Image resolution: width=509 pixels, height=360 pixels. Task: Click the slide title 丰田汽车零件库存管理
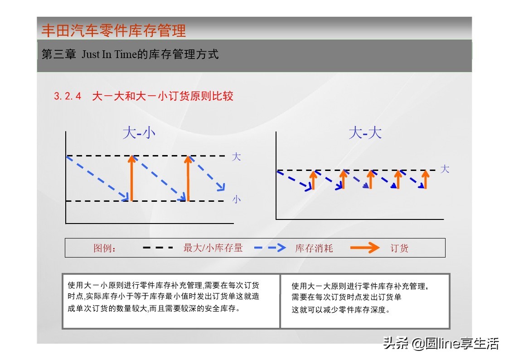(x=113, y=30)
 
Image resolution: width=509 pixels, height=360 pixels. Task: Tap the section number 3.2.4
(x=68, y=96)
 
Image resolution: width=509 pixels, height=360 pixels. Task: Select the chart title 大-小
(x=139, y=133)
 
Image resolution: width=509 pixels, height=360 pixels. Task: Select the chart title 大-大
(x=365, y=133)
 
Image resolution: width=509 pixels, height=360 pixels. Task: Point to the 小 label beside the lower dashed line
(x=237, y=199)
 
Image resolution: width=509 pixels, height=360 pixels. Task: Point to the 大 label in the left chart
(x=236, y=157)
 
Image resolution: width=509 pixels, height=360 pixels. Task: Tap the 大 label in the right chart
(x=445, y=169)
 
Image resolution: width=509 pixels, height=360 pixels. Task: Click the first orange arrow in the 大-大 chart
(x=313, y=180)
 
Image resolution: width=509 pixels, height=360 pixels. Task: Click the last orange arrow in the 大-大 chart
(x=425, y=180)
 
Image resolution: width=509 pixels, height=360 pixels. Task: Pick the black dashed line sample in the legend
(x=158, y=248)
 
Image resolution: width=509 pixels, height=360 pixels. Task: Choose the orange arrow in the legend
(x=365, y=248)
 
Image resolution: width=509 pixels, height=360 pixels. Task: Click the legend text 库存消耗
(x=314, y=248)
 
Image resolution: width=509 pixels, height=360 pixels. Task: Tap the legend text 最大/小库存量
(x=213, y=248)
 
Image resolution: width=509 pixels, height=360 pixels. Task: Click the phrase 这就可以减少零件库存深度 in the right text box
(x=341, y=310)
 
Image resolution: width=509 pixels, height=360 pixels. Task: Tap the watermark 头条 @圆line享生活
(x=441, y=343)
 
